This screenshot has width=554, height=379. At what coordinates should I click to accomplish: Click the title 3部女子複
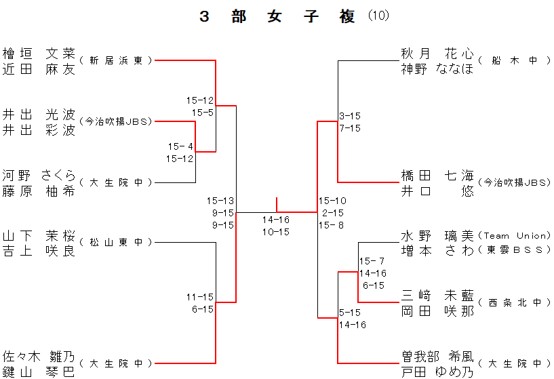pyautogui.click(x=277, y=17)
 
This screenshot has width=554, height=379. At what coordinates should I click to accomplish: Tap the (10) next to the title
pyautogui.click(x=378, y=16)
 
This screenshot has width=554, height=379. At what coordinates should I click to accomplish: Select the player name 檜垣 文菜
pyautogui.click(x=39, y=53)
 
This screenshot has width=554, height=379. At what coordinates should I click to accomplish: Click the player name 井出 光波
pyautogui.click(x=39, y=114)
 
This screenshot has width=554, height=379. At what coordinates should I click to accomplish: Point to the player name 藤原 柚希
pyautogui.click(x=39, y=191)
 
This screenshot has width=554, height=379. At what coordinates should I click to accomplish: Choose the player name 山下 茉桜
pyautogui.click(x=39, y=236)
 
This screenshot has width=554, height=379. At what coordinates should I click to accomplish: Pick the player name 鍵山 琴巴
pyautogui.click(x=39, y=371)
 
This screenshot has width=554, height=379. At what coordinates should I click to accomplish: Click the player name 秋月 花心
pyautogui.click(x=437, y=53)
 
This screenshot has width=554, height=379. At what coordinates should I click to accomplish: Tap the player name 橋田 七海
pyautogui.click(x=437, y=175)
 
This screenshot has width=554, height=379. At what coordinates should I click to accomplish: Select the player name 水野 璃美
pyautogui.click(x=437, y=236)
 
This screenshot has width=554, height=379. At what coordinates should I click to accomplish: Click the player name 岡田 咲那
pyautogui.click(x=437, y=311)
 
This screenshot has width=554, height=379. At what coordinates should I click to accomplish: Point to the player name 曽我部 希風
pyautogui.click(x=437, y=356)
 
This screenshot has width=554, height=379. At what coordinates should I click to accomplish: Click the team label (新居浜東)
pyautogui.click(x=116, y=60)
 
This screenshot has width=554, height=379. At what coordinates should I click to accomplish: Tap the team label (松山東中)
pyautogui.click(x=116, y=242)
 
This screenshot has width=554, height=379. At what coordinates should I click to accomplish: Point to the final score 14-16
pyautogui.click(x=276, y=220)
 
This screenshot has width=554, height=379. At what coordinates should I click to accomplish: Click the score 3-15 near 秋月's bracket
pyautogui.click(x=350, y=116)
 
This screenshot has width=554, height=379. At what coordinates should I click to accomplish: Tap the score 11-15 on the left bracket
pyautogui.click(x=200, y=297)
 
